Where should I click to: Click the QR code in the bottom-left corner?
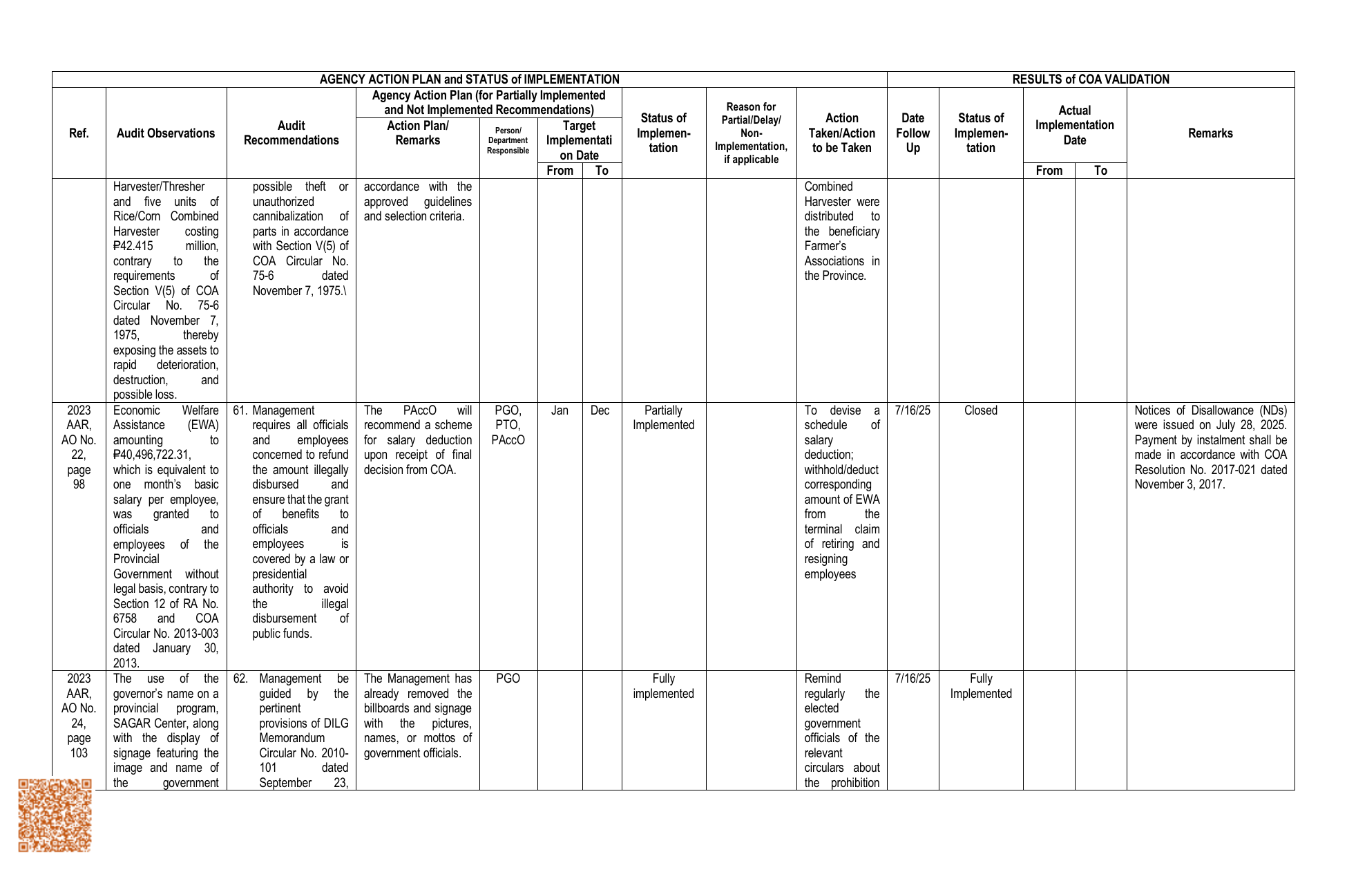(x=55, y=815)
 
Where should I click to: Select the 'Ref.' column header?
(x=79, y=133)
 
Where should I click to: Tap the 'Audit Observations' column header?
(x=166, y=133)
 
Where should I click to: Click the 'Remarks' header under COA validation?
(x=1210, y=133)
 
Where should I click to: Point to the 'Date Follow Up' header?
(x=913, y=133)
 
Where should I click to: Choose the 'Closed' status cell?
(x=980, y=410)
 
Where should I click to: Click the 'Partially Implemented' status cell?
(x=663, y=418)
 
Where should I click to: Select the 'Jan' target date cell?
(x=560, y=410)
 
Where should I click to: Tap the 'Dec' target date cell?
(x=600, y=410)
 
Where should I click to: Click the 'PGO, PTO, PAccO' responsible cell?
(x=508, y=425)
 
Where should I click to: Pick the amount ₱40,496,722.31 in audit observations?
(x=152, y=455)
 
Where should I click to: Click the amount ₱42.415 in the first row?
(x=133, y=247)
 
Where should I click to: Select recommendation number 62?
(x=240, y=679)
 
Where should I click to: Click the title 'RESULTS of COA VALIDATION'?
(x=1090, y=79)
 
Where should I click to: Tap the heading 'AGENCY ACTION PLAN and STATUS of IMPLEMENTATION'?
(x=469, y=79)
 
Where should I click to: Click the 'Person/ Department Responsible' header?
(x=508, y=140)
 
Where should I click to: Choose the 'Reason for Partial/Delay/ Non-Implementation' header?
(x=751, y=133)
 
